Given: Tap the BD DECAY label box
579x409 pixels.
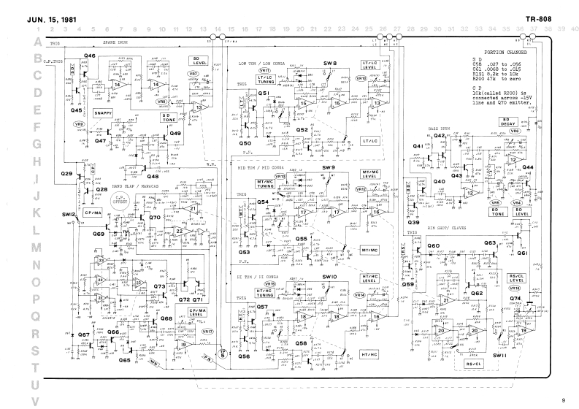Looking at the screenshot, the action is click(x=510, y=122).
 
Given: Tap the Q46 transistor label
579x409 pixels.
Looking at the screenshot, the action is click(x=90, y=56).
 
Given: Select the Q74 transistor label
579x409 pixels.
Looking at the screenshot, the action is click(x=515, y=298).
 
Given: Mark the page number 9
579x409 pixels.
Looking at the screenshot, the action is click(x=563, y=400).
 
